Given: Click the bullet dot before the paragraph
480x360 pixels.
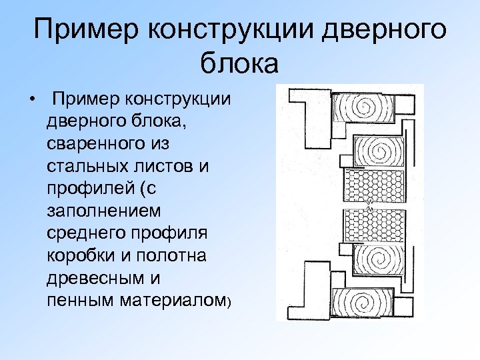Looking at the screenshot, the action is pos(31,101).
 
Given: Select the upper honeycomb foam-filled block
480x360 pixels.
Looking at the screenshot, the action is pos(373,183).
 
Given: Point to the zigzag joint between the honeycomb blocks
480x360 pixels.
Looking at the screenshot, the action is pos(372,204).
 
